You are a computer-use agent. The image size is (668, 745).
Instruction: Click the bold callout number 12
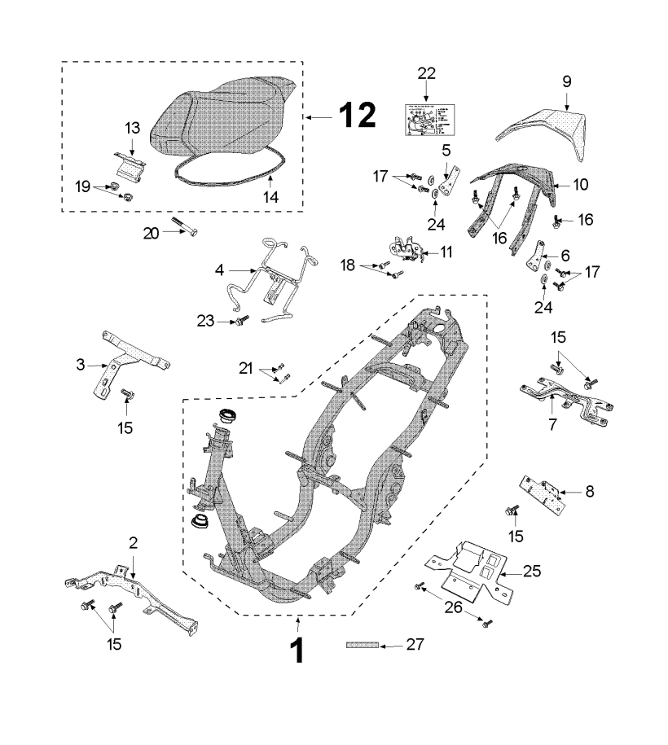[357, 116]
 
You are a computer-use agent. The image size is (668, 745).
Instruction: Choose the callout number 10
[580, 185]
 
